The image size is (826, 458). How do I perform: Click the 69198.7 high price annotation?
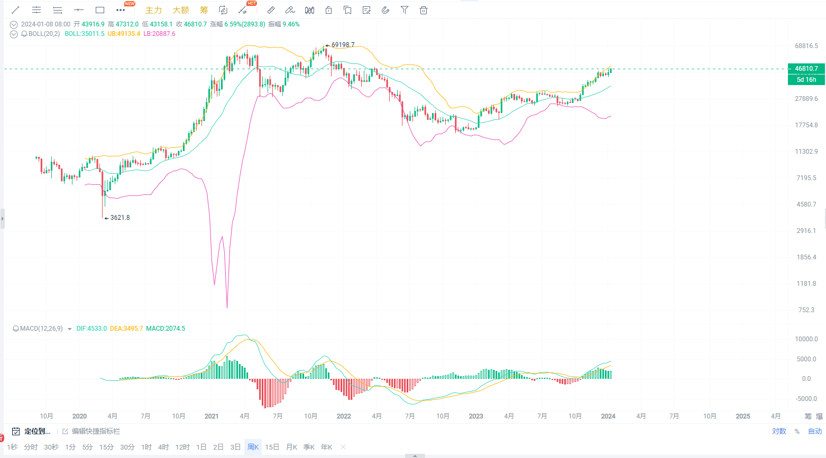pos(343,45)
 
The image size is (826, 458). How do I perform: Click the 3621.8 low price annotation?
pos(120,218)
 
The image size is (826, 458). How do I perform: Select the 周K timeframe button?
pos(253,447)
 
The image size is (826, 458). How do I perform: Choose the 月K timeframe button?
pos(291,447)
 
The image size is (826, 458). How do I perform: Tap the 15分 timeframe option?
pos(106,447)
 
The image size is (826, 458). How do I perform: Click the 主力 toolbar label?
pos(153,10)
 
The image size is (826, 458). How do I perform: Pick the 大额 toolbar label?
pos(180,10)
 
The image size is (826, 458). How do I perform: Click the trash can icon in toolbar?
pos(423,10)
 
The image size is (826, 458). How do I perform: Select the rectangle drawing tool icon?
pos(100,10)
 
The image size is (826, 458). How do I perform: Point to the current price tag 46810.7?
pos(806,69)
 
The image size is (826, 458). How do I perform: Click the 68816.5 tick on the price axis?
pos(806,46)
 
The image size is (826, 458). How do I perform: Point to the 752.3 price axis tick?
pos(806,310)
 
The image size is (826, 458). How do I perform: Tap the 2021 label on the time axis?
pos(212,416)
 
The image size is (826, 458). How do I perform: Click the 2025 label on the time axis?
pos(743,416)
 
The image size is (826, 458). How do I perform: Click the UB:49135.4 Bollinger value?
pos(124,34)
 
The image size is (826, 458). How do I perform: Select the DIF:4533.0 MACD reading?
pos(91,329)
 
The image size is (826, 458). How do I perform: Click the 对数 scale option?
pos(779,432)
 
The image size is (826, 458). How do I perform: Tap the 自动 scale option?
pos(815,432)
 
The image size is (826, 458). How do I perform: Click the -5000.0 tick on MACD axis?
pos(806,399)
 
